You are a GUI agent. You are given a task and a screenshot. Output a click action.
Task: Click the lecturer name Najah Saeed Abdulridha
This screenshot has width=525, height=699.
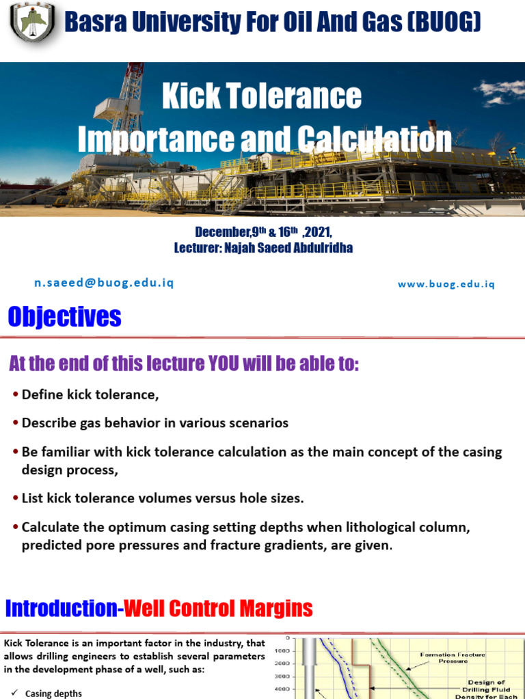[288, 248]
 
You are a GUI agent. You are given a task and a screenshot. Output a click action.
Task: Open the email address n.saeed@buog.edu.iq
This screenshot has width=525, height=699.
[104, 283]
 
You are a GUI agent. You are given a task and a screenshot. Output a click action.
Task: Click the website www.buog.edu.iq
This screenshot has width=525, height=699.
[446, 284]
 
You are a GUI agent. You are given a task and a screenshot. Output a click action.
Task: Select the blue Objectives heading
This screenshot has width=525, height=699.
[64, 317]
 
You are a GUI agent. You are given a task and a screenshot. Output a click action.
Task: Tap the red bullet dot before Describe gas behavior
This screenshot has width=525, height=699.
[16, 424]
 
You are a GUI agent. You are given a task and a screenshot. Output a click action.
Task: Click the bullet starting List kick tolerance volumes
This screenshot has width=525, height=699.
[163, 498]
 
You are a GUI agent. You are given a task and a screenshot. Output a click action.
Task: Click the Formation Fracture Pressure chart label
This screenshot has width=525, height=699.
[453, 658]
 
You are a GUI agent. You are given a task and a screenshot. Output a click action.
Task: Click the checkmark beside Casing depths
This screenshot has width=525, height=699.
[14, 693]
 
